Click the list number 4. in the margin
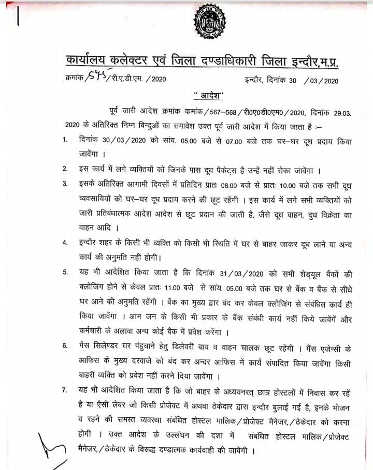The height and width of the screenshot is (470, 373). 65,242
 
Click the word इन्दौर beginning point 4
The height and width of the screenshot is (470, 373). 91,242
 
